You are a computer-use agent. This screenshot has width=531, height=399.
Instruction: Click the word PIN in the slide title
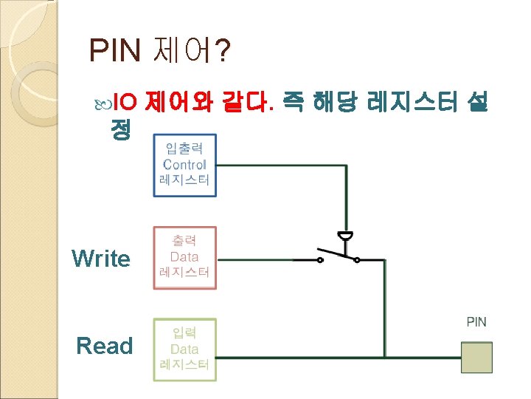[115, 51]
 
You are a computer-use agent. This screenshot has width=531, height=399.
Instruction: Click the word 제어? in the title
[190, 51]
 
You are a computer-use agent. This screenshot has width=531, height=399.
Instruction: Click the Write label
[100, 259]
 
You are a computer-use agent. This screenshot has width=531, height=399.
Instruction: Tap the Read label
[104, 346]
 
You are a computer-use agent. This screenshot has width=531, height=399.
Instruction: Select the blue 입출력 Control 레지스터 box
[184, 165]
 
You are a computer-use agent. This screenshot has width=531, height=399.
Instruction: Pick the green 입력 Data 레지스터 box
[184, 349]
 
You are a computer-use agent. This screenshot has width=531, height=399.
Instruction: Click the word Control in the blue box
[184, 165]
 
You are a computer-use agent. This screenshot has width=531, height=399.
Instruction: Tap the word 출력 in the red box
[184, 241]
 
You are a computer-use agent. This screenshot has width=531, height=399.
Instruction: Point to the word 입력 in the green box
[184, 333]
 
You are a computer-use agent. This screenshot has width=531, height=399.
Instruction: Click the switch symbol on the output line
[338, 256]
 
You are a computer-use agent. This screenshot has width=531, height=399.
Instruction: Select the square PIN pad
[476, 358]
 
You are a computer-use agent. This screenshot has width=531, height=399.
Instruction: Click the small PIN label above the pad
[476, 321]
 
